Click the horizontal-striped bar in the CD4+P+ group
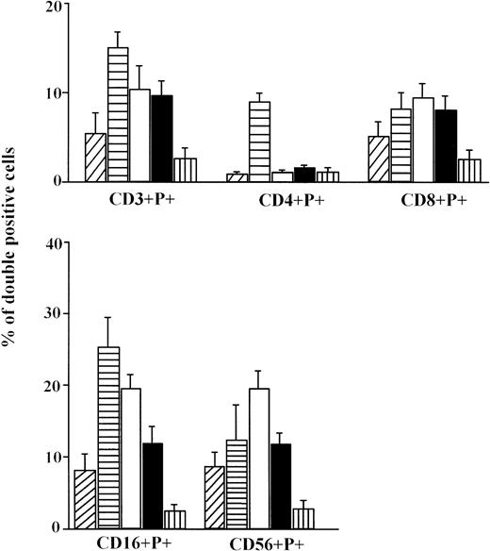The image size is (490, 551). coord(259,142)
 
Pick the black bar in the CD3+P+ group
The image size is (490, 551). coord(163,138)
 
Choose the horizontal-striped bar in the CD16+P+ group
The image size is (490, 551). coord(109,438)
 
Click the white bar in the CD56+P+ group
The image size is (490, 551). coord(258,459)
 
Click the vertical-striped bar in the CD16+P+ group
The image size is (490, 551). coord(175,520)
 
